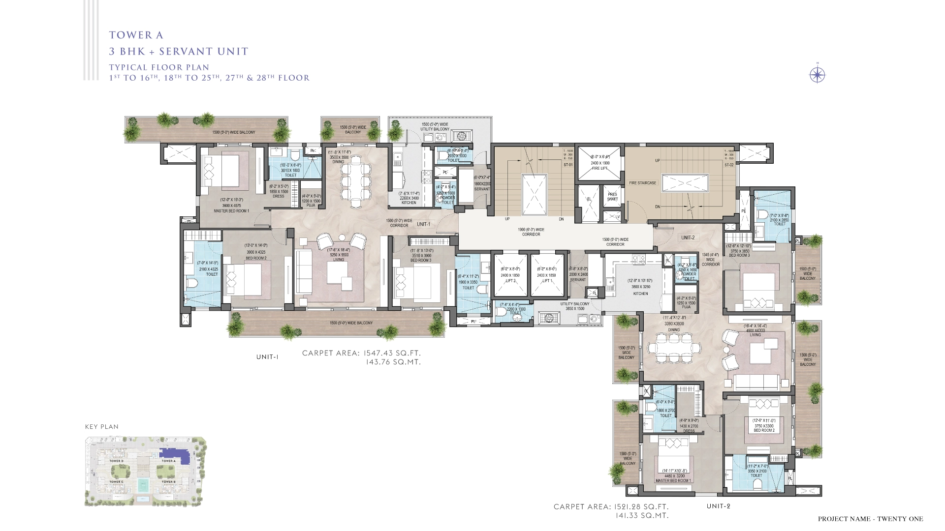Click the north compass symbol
817,75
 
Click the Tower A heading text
136,35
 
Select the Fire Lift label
599,166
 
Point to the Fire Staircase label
642,183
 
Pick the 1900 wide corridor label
531,232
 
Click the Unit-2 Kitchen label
640,294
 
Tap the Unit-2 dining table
674,349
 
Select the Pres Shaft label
612,197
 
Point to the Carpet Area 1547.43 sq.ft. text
361,353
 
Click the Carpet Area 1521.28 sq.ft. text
611,506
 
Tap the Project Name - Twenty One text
870,519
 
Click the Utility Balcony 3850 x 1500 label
574,306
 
